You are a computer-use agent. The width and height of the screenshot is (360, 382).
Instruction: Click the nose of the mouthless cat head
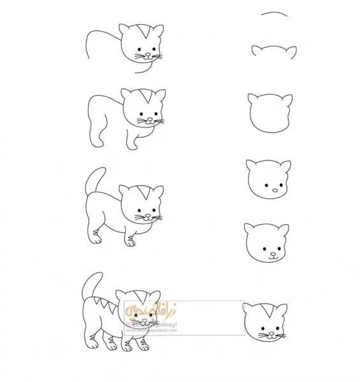coord(274,189)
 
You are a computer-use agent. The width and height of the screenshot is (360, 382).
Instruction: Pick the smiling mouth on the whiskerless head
coord(273,257)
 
